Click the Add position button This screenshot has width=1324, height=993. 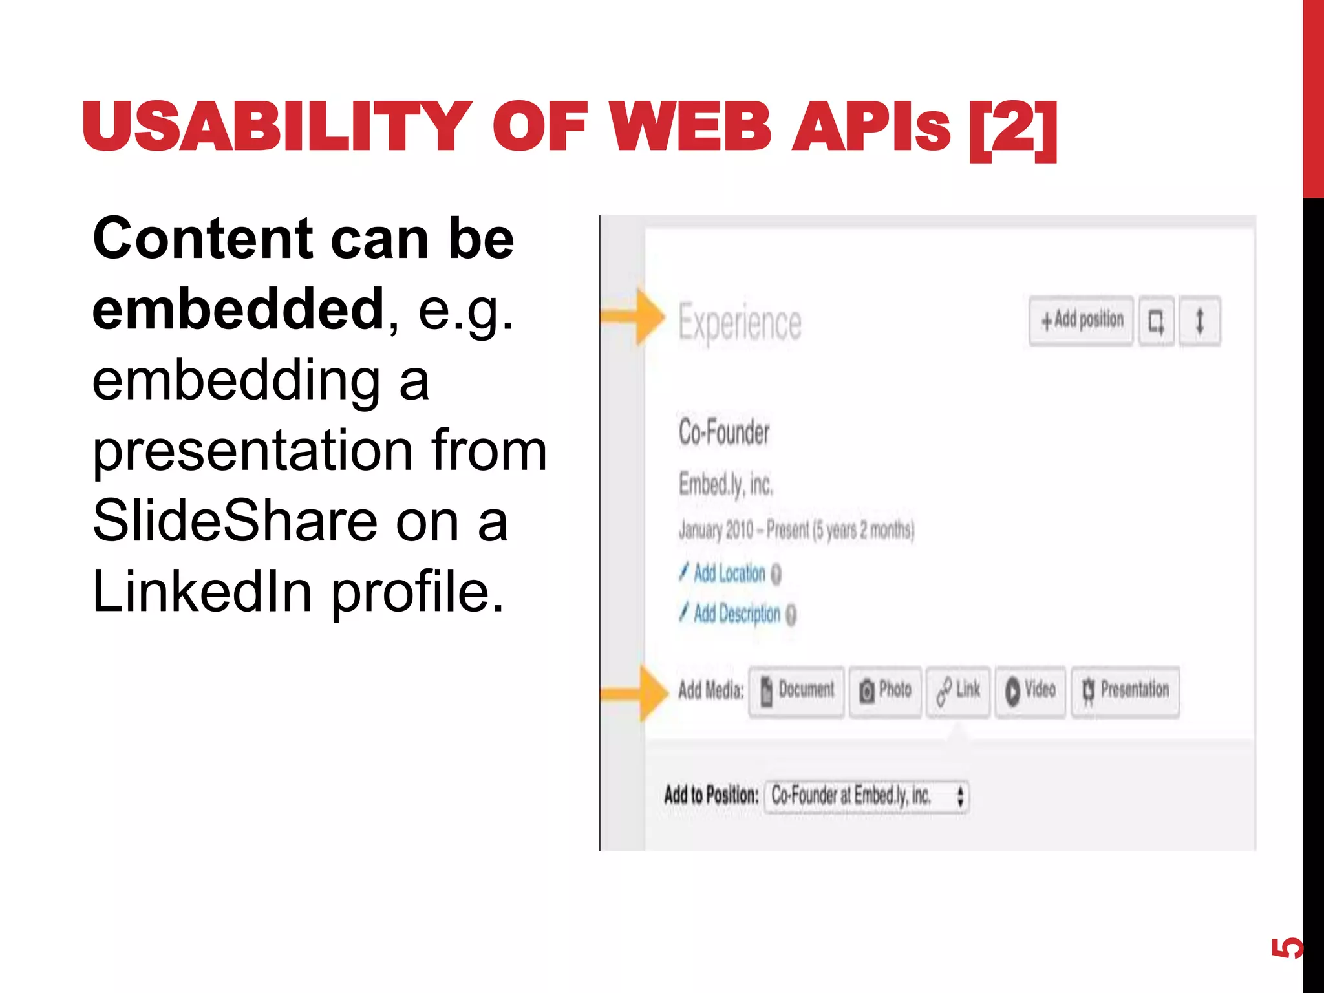pos(1081,321)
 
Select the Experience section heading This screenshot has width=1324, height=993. pos(740,322)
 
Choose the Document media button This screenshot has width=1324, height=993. pos(796,690)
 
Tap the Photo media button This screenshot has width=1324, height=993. pos(885,690)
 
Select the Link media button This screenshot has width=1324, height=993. pos(958,690)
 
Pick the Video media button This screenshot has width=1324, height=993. pos(1030,690)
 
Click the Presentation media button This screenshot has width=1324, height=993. pos(1125,690)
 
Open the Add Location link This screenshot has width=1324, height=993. pos(729,573)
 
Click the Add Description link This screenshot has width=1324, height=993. pos(737,614)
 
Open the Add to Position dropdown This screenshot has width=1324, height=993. pos(866,796)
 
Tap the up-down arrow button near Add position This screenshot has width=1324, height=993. pos(1200,321)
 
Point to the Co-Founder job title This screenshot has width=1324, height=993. pos(724,432)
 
